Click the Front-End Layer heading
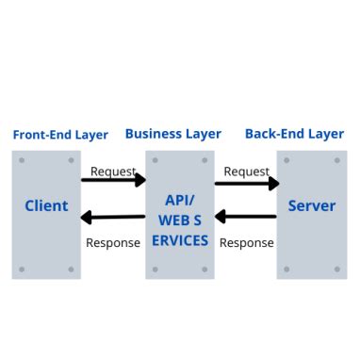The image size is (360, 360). (60, 135)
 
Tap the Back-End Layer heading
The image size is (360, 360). (295, 134)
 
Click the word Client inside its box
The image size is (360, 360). (46, 205)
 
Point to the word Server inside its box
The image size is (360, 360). (311, 205)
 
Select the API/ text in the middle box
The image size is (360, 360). (179, 200)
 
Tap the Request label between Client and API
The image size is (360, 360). (113, 172)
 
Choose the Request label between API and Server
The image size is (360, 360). (247, 172)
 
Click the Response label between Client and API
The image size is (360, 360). (113, 242)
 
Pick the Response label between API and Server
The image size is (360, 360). (247, 242)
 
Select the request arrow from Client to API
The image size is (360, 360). (113, 180)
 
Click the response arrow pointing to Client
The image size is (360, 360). (111, 218)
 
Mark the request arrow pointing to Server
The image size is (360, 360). (247, 183)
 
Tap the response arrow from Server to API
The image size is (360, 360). (247, 216)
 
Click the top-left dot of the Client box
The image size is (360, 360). (22, 160)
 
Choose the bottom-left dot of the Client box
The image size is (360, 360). (22, 269)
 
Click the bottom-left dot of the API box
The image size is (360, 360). (155, 269)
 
